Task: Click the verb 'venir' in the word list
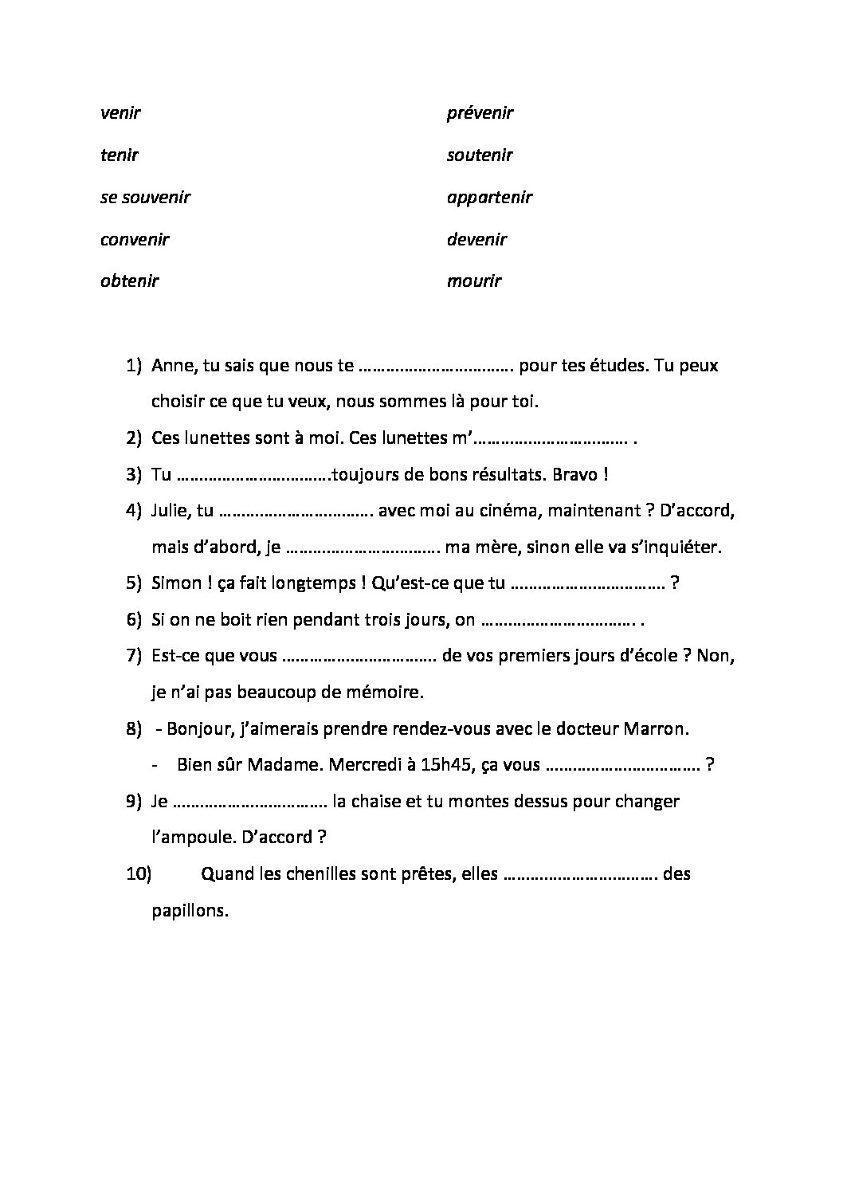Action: tap(120, 113)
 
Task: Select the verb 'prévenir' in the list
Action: tap(480, 113)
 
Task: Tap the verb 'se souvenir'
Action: tap(145, 197)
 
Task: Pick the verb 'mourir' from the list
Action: tap(474, 281)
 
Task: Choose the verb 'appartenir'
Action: tap(489, 197)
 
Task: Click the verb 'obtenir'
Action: tap(129, 281)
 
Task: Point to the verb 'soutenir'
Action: tap(480, 155)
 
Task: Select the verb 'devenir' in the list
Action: tap(476, 239)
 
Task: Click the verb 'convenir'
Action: tap(135, 239)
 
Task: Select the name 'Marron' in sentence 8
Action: tap(655, 729)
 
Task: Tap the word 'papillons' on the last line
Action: tap(190, 910)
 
